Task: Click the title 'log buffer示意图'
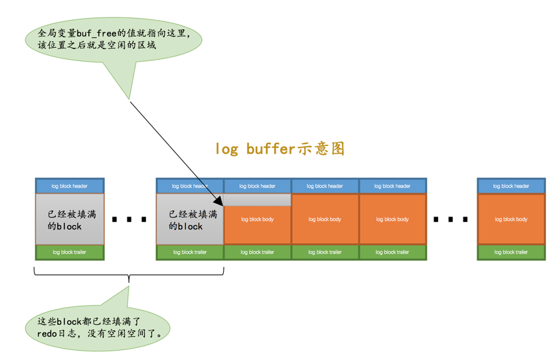[x=279, y=148]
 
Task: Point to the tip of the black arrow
[x=222, y=204]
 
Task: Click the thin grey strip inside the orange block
[x=258, y=199]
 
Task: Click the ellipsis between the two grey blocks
[x=129, y=219]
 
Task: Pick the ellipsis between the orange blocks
[x=451, y=219]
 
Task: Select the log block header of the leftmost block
[x=70, y=186]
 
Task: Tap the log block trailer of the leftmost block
[x=70, y=252]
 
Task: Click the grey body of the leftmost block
[x=70, y=219]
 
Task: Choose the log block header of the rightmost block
[x=511, y=186]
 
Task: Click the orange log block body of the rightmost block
[x=511, y=219]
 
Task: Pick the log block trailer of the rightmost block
[x=511, y=252]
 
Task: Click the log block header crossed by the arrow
[x=190, y=186]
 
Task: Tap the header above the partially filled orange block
[x=258, y=186]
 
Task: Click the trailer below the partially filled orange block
[x=258, y=252]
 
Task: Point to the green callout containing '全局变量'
[x=113, y=39]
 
